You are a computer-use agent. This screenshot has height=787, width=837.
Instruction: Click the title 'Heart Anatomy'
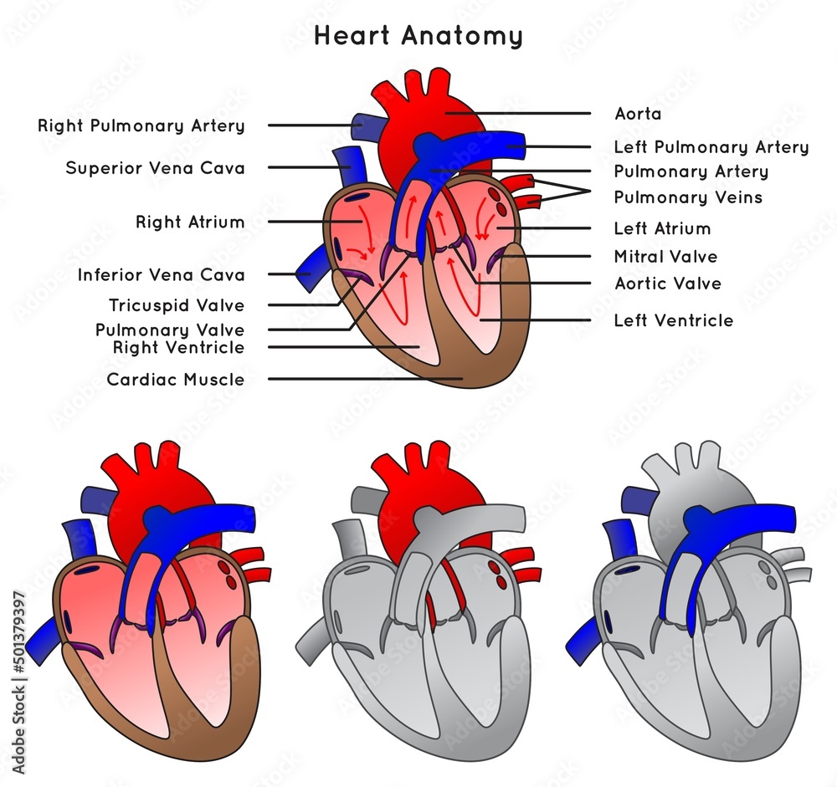418,36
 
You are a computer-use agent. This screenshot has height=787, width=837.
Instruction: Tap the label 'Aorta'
638,113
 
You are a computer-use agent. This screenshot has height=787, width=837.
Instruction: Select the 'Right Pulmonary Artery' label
141,125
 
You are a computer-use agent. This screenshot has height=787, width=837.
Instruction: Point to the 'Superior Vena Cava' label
156,168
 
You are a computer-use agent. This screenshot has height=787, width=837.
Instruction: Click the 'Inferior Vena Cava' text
162,274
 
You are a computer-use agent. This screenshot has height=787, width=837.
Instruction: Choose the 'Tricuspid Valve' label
177,305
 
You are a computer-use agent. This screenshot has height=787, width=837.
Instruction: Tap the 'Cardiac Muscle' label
176,380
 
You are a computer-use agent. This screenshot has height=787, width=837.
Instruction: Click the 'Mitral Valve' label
665,256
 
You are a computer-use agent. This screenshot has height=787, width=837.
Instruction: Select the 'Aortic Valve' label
667,284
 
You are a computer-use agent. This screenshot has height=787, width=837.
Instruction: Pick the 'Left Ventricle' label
673,320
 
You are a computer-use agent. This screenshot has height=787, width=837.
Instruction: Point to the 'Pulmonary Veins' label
688,197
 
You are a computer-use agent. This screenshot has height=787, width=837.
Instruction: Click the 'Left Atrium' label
662,228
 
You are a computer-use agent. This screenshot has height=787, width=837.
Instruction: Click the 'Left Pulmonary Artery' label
711,147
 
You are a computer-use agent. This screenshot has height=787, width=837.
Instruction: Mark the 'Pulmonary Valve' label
170,330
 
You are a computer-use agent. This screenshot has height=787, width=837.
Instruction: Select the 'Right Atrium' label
190,222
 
